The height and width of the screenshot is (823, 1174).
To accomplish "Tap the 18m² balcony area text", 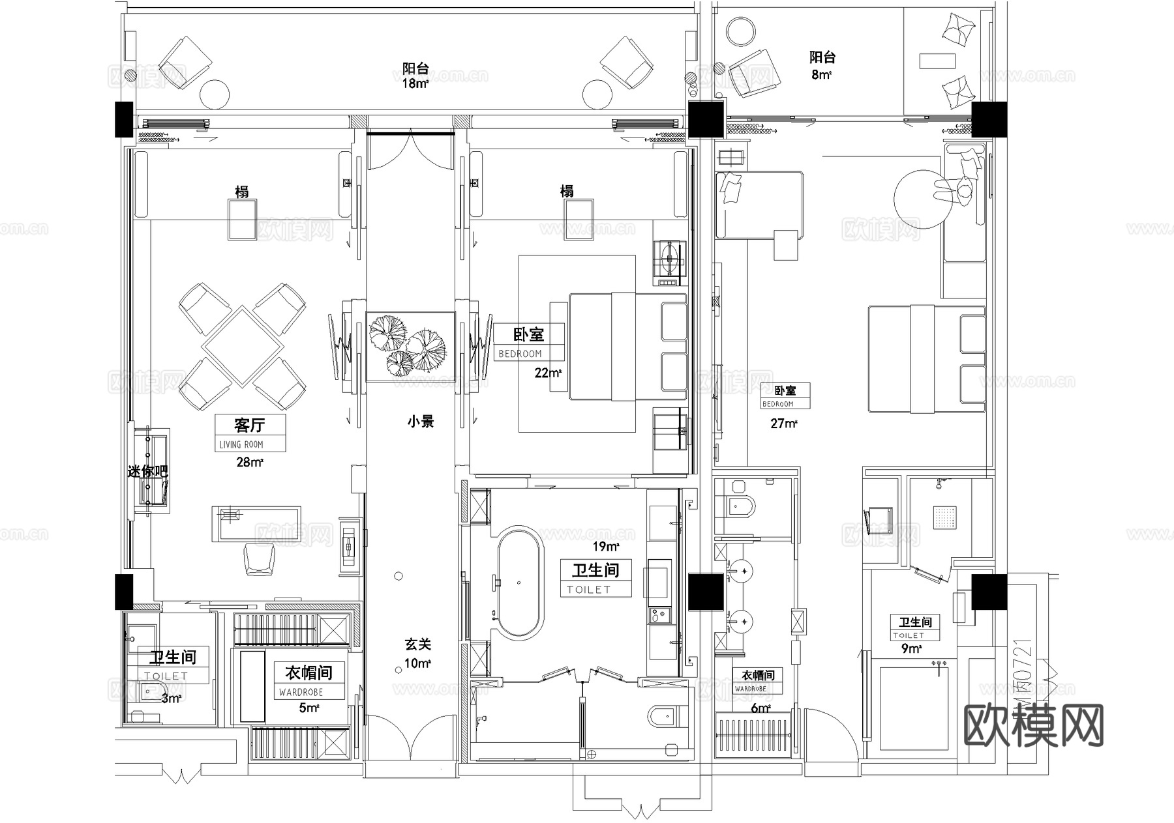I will tap(415, 83).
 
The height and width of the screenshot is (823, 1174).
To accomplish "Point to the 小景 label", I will tap(421, 422).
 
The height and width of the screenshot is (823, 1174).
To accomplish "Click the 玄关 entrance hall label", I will tap(417, 644).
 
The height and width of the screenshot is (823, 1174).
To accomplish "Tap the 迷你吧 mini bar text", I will tap(147, 471).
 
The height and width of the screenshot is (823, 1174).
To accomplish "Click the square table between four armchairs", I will tap(242, 346).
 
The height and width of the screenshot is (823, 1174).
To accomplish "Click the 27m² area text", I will tap(784, 424).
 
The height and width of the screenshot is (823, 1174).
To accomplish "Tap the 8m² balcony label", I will tap(821, 74).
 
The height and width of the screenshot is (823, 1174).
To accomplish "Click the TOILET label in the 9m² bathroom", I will tap(909, 635).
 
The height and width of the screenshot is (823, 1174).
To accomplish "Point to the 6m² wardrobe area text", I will tap(760, 708).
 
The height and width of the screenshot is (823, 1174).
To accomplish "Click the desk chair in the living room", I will tap(259, 560).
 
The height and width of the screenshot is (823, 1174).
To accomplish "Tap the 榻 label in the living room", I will tap(242, 191).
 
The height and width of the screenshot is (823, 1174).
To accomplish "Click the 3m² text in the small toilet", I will tap(172, 699).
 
